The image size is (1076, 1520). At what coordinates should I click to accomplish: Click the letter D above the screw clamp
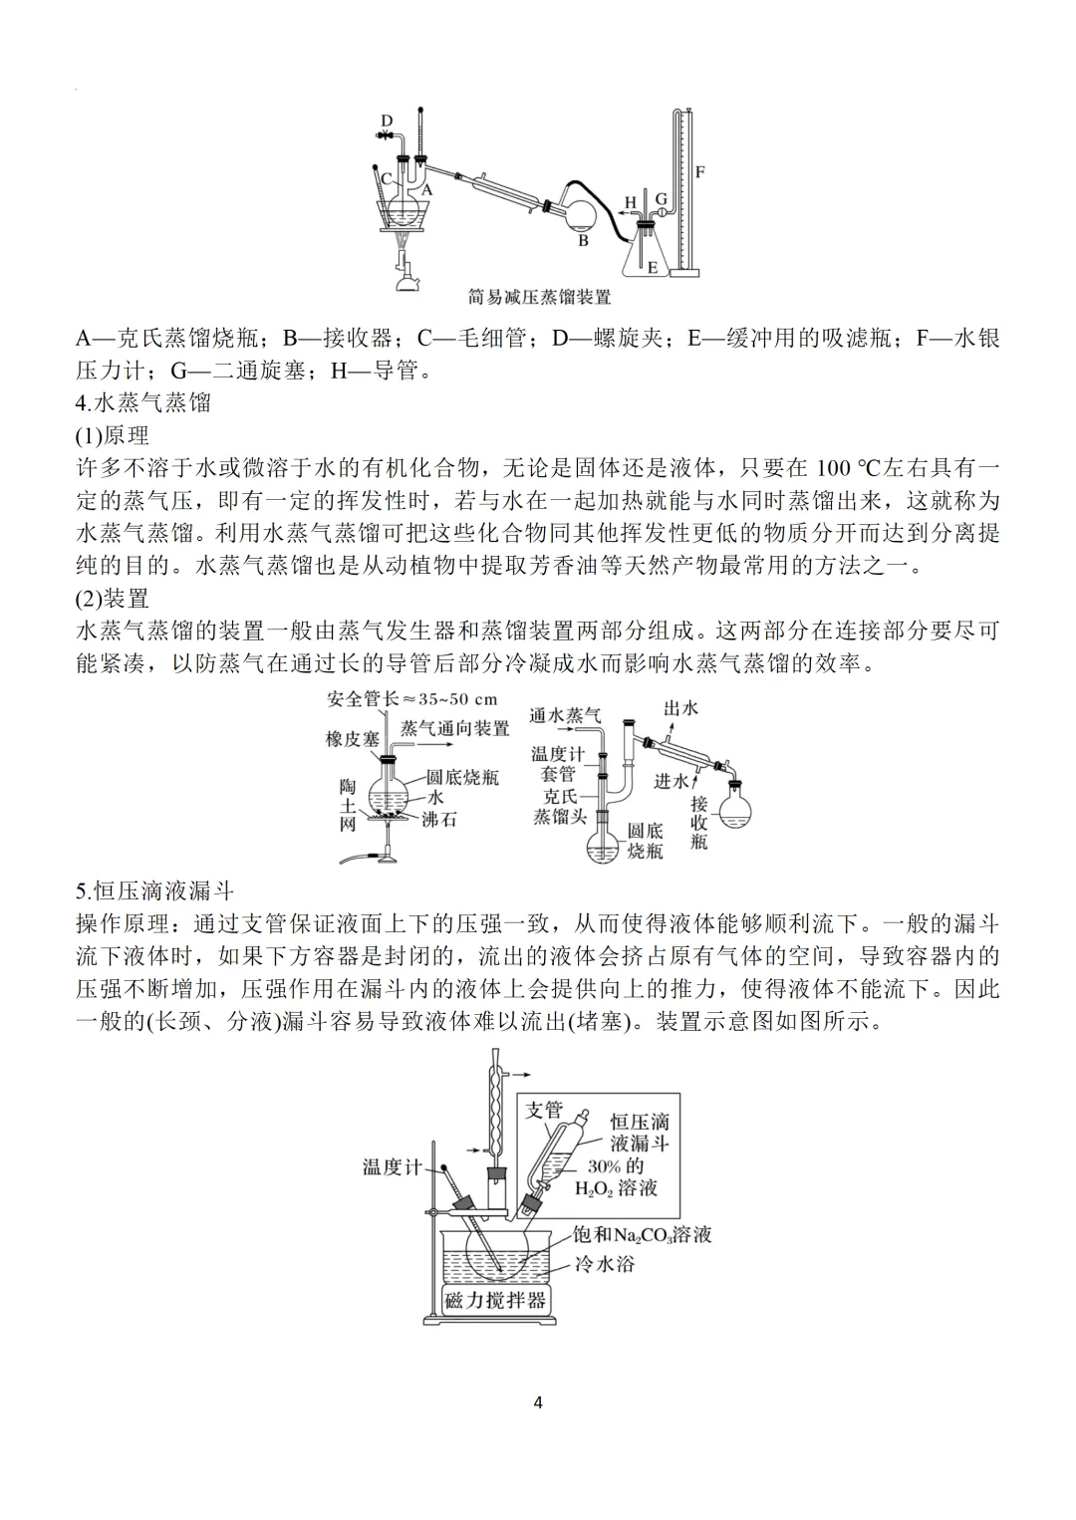[388, 121]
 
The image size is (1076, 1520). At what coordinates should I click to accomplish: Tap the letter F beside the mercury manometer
[700, 171]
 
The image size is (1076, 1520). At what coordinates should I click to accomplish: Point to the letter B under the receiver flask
[584, 240]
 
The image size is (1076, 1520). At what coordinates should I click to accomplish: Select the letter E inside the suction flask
[653, 267]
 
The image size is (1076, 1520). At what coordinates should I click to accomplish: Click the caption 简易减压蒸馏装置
[539, 296]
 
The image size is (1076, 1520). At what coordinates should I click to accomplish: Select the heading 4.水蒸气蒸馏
[143, 402]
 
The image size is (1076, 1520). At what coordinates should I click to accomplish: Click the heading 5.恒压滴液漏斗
[154, 889]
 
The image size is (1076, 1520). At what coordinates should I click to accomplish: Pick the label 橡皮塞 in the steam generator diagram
[352, 738]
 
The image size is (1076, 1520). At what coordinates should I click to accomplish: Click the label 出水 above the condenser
[681, 708]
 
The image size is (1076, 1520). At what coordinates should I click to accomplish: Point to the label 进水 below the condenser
[672, 781]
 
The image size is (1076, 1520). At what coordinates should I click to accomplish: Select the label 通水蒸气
[565, 714]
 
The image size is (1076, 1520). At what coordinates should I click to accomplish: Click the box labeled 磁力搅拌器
[495, 1300]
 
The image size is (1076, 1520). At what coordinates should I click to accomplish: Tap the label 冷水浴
[605, 1264]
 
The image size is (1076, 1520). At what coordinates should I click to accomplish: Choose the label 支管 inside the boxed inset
[544, 1110]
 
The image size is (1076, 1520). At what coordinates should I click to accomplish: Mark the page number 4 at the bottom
[538, 1403]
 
